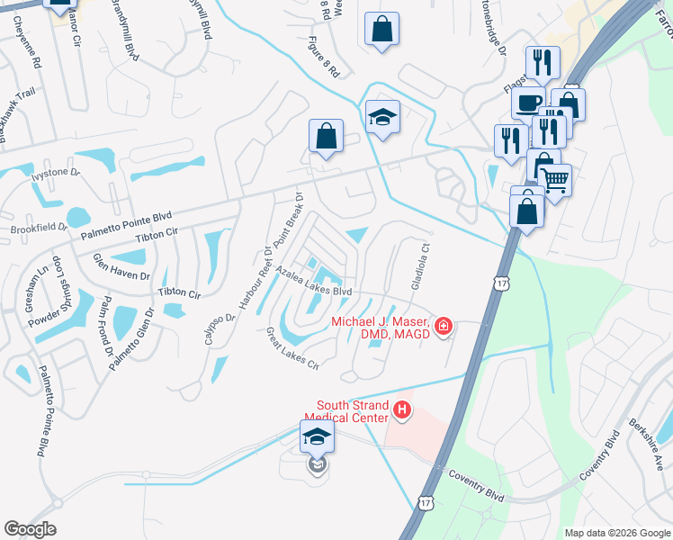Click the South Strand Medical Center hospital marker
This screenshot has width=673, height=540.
402,412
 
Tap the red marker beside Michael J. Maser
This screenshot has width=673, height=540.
443,326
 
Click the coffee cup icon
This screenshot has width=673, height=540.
527,102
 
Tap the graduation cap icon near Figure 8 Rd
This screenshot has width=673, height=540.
382,117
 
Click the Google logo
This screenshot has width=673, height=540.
30,529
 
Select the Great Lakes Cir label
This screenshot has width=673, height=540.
293,348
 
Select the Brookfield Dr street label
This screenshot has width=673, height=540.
40,229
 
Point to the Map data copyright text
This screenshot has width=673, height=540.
617,533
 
